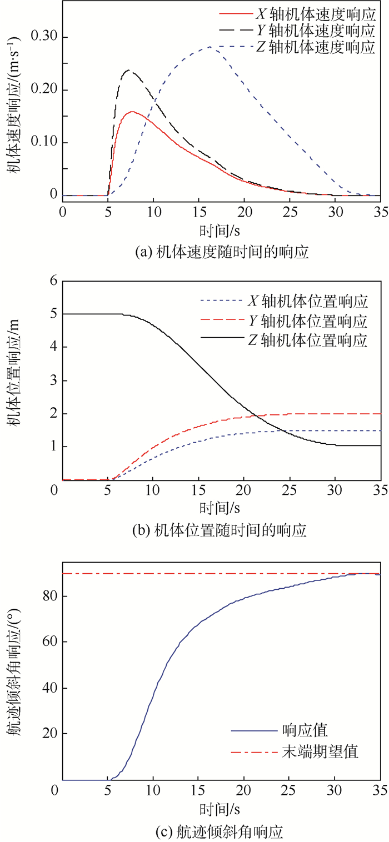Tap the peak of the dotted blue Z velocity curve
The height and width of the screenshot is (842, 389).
(210, 47)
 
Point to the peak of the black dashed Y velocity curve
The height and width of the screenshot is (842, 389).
(129, 70)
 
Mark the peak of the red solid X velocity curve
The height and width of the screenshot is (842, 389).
(132, 112)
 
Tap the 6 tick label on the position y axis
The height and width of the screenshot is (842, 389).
(53, 282)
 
